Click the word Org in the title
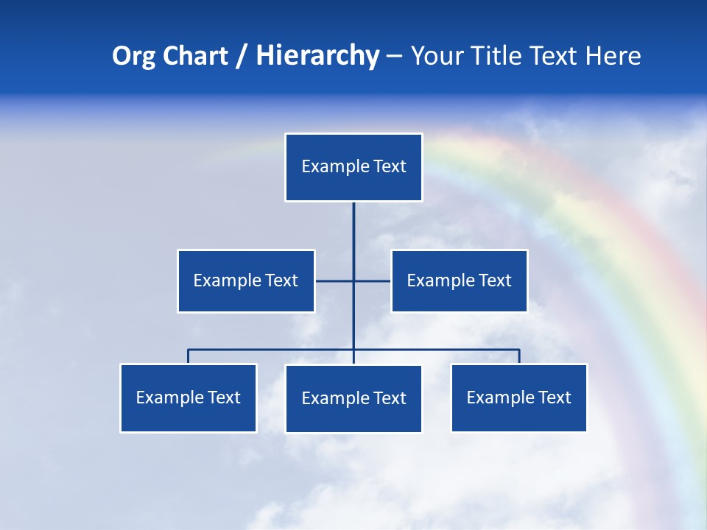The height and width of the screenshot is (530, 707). tap(133, 56)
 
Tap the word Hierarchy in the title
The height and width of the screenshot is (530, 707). tap(317, 56)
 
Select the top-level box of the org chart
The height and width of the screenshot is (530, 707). tap(353, 167)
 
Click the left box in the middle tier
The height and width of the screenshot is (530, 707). tap(246, 281)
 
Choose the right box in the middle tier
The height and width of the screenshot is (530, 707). tap(459, 281)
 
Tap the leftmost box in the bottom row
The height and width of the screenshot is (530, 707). tap(189, 398)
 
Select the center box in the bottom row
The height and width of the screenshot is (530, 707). tap(353, 399)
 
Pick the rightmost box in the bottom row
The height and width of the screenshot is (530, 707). tap(518, 398)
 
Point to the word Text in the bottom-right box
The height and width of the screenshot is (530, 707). tap(555, 398)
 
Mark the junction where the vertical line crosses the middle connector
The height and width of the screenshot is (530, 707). tap(353, 281)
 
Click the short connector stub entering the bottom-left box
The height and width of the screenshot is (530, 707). tap(189, 356)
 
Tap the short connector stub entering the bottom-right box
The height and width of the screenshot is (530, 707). tap(519, 356)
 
